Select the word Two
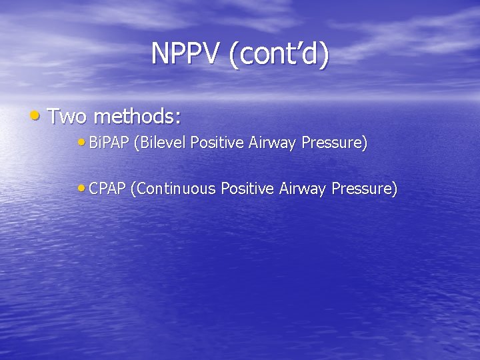(67, 117)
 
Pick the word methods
(133, 117)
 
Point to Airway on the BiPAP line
(271, 143)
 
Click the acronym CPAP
(107, 189)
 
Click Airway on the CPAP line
(301, 190)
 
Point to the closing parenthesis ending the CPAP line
(395, 190)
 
